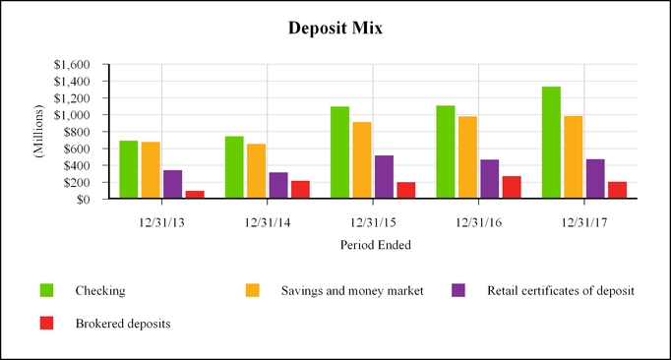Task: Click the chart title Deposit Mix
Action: click(335, 29)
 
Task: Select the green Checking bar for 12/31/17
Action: click(551, 143)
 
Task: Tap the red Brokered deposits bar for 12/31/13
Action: click(194, 195)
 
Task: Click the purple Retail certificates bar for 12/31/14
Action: click(278, 186)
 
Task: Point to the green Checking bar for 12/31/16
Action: click(446, 152)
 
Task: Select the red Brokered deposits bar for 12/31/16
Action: click(511, 187)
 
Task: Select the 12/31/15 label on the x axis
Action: click(372, 221)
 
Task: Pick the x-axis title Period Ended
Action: click(375, 244)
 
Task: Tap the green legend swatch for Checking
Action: click(46, 290)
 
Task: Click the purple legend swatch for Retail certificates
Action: click(458, 290)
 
